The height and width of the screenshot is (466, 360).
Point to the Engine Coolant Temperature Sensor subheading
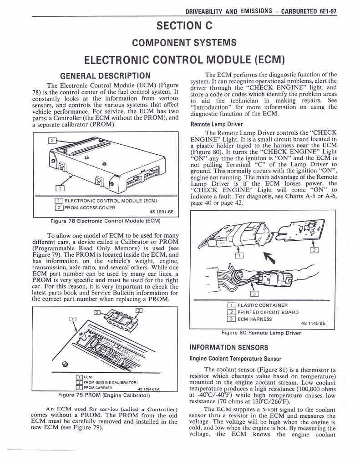click(x=235, y=359)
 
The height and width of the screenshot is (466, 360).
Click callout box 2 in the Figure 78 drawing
click(x=53, y=141)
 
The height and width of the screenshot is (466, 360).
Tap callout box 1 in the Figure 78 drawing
click(x=59, y=189)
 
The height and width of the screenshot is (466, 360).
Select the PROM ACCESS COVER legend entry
click(x=90, y=208)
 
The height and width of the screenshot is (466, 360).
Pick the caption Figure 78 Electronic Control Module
click(x=105, y=221)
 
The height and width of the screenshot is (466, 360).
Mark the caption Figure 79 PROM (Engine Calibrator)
click(x=105, y=395)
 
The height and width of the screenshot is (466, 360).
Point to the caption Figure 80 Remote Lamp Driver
click(x=261, y=332)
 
